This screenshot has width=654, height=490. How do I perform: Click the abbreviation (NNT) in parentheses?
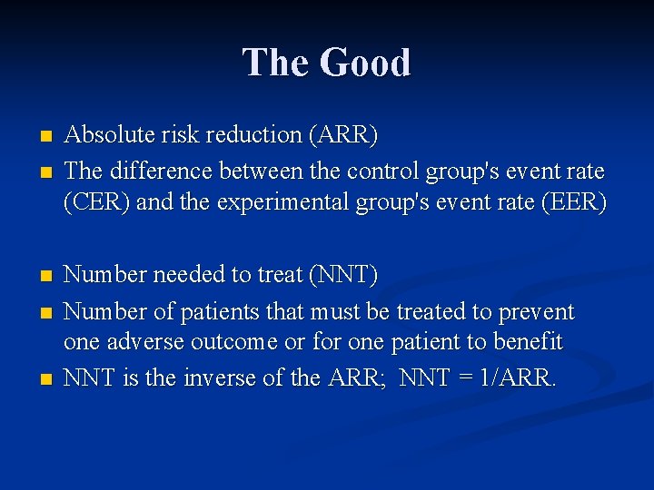[x=344, y=274]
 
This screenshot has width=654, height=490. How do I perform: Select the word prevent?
[x=536, y=312]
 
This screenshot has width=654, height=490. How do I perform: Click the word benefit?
[x=528, y=343]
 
